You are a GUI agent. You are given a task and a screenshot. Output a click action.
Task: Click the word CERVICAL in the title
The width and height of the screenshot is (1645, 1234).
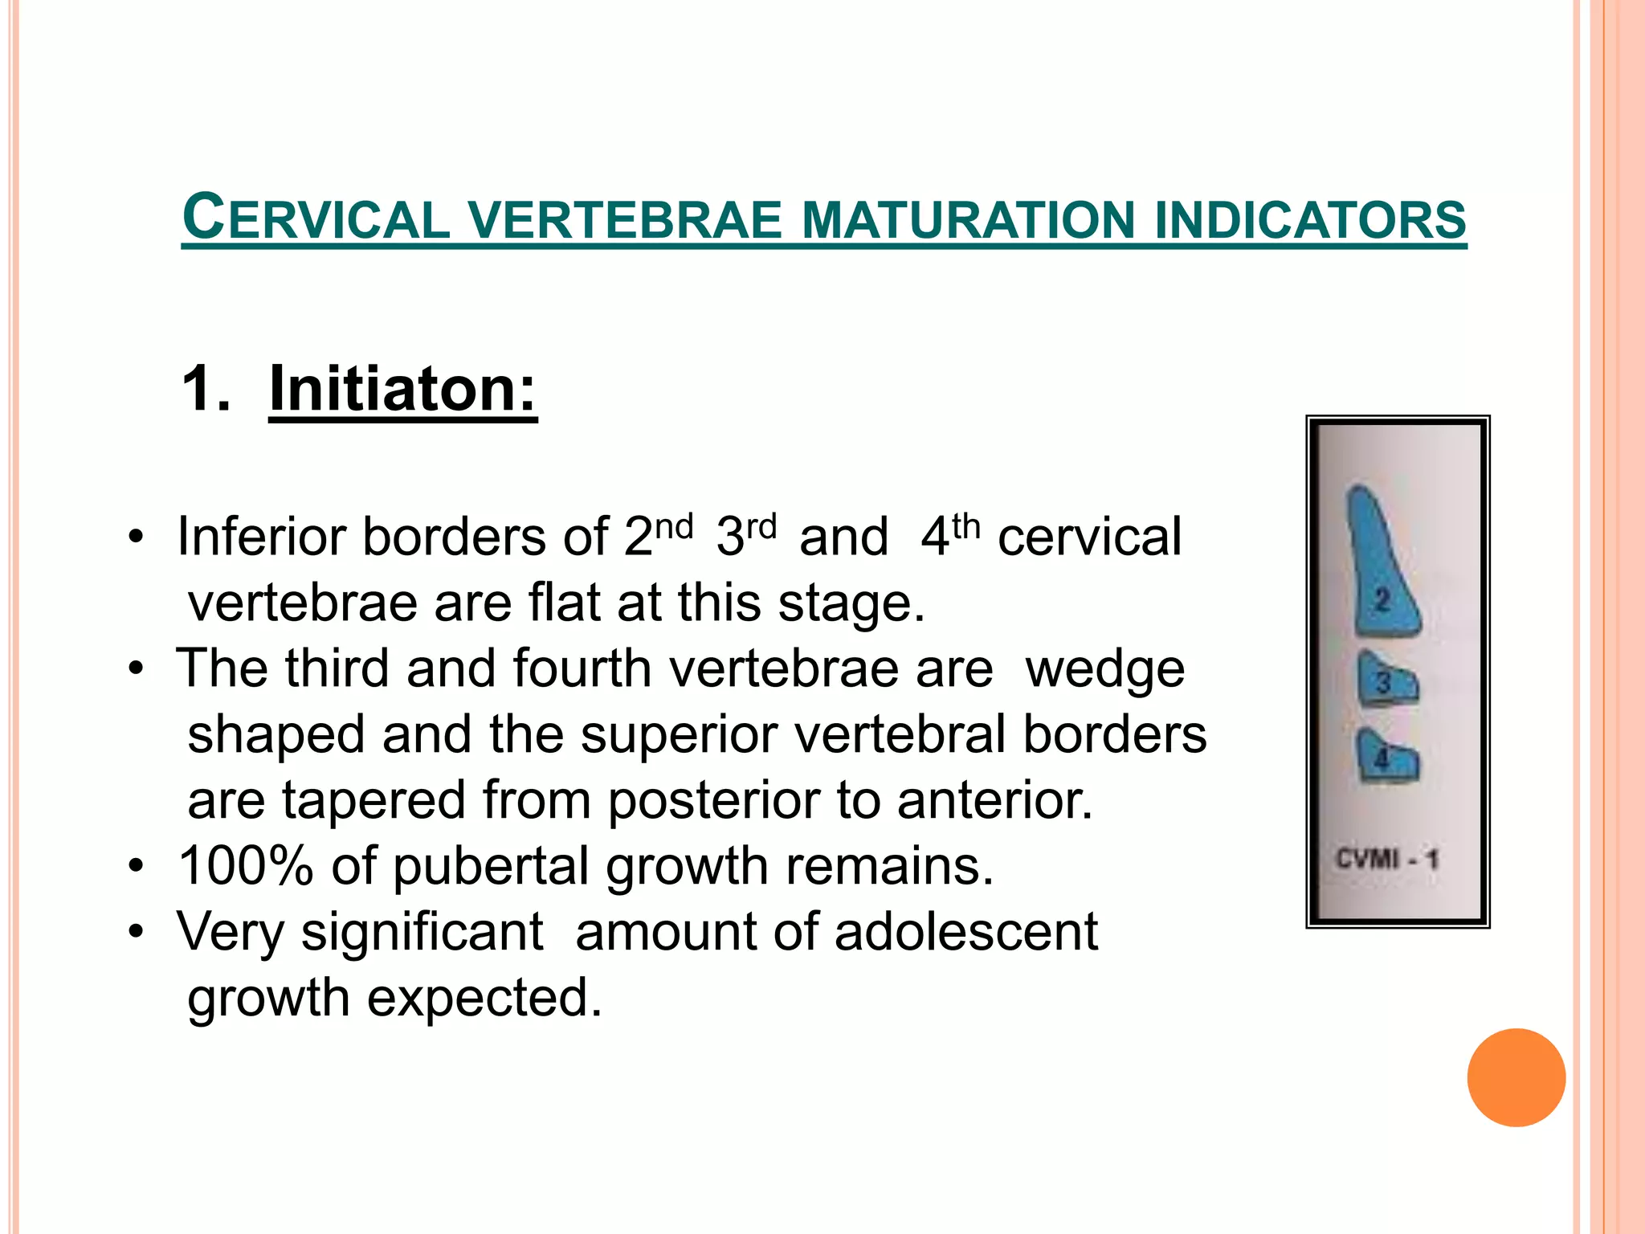pos(316,219)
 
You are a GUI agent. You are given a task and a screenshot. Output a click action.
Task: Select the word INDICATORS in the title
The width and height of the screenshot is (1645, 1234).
pos(1310,220)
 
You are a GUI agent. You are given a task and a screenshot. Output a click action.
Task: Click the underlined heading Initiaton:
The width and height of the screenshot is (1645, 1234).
pos(402,389)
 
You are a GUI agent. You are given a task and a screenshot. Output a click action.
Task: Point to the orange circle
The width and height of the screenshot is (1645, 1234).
pos(1516,1077)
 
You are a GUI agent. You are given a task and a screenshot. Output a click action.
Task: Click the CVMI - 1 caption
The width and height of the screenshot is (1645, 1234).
pos(1386,859)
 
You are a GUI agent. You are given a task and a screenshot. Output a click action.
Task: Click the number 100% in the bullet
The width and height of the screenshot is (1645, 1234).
pos(245,866)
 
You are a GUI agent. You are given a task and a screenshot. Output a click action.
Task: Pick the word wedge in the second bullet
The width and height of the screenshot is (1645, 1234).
pos(1104,668)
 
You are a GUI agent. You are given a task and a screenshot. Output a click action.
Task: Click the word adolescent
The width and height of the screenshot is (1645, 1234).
pos(965,932)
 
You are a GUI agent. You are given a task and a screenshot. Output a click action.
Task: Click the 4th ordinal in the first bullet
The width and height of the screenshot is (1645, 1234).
pos(949,535)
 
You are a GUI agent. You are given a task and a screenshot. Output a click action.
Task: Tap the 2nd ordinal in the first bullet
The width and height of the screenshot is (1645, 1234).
pos(657,535)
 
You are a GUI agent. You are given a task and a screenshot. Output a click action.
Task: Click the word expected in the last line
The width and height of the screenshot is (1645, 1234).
pos(484,998)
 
